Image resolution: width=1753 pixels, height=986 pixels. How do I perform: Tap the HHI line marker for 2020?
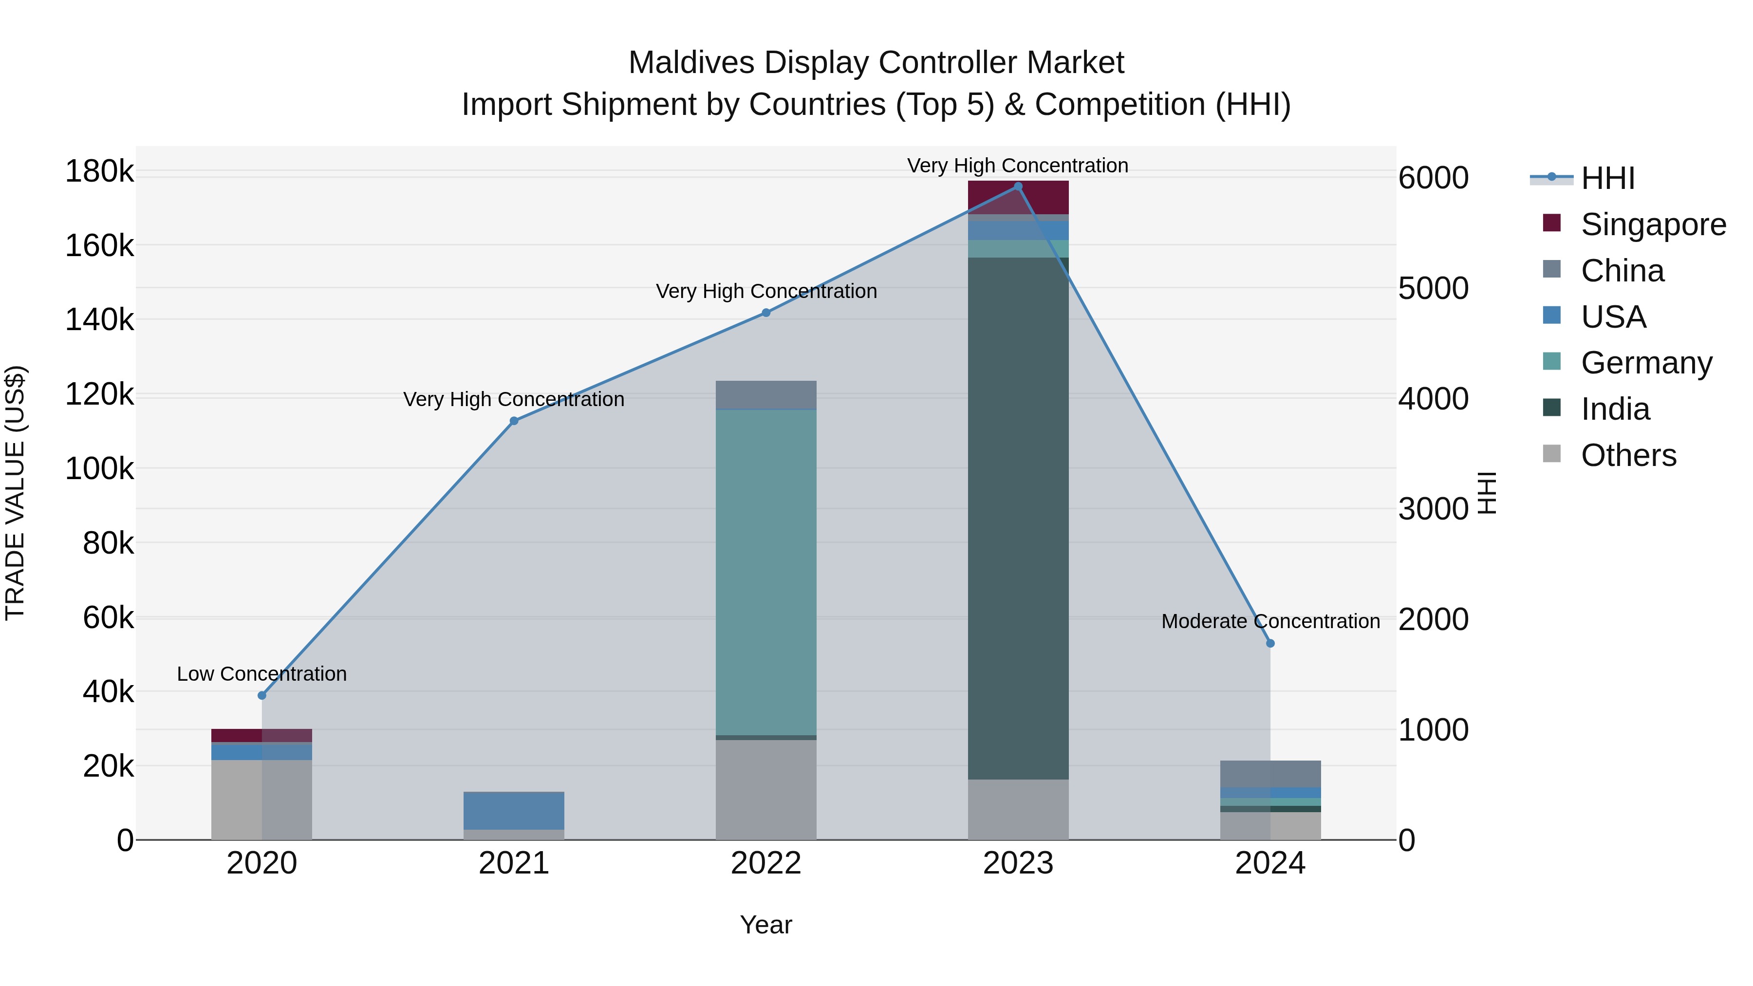262,695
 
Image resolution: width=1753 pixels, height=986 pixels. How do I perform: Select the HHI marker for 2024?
1270,643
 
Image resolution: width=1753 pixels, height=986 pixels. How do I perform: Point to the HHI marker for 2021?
514,421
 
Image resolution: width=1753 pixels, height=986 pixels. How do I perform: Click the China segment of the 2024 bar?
1270,774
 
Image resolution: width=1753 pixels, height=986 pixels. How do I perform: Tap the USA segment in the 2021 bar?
514,810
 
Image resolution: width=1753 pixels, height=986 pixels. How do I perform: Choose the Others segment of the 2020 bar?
262,800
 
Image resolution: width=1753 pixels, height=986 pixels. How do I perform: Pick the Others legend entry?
1628,455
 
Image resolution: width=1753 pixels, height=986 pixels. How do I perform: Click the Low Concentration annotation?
262,674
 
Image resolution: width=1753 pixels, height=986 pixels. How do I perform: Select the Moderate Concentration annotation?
1270,621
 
